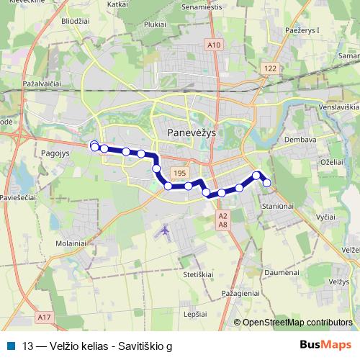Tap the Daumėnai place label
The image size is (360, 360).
(282, 273)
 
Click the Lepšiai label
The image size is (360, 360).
(196, 315)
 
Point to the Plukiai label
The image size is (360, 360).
(155, 23)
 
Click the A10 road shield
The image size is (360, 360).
(213, 45)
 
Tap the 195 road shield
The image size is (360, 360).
(179, 174)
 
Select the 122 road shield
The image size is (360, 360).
(270, 68)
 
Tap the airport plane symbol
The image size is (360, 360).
(166, 230)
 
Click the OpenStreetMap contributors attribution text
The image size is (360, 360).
(297, 323)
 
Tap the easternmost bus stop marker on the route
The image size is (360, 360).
(267, 183)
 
